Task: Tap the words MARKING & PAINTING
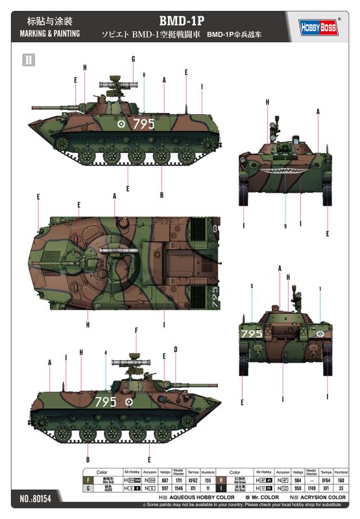pyautogui.click(x=49, y=34)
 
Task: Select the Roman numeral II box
pyautogui.click(x=29, y=60)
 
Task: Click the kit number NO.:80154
pyautogui.click(x=38, y=500)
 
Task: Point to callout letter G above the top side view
pyautogui.click(x=132, y=59)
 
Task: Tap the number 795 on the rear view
pyautogui.click(x=251, y=333)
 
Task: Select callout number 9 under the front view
pyautogui.click(x=285, y=226)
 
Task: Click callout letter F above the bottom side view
pyautogui.click(x=136, y=331)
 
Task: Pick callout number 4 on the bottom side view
pyautogui.click(x=104, y=353)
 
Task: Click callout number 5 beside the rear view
pyautogui.click(x=252, y=286)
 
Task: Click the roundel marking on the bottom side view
pyautogui.click(x=129, y=402)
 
